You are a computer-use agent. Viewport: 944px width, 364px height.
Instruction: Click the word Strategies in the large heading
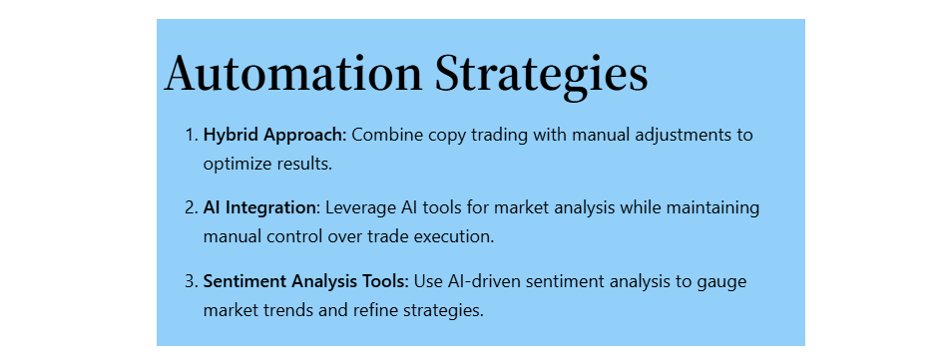[542, 77]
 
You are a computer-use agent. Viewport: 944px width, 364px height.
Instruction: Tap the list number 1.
[192, 135]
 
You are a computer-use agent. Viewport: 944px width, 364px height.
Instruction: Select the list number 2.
[192, 208]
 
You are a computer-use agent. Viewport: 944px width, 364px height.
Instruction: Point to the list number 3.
[192, 281]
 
